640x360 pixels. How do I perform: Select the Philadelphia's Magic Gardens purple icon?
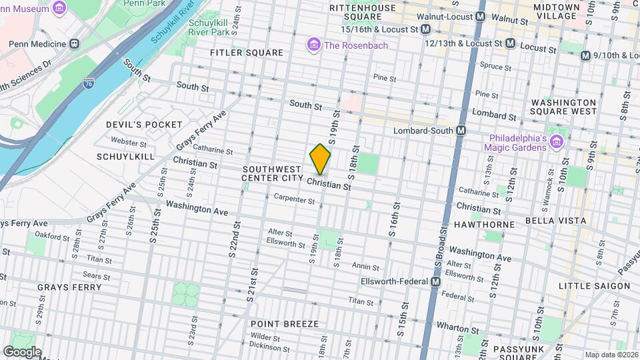point(557,141)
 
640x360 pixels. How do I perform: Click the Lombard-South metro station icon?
point(461,131)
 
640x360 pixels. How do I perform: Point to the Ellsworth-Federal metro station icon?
point(435,282)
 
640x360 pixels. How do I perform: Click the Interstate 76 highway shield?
point(89,83)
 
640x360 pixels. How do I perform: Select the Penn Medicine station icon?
point(74,44)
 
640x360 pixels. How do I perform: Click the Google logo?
point(21,351)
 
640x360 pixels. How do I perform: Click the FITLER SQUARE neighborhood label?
point(246,53)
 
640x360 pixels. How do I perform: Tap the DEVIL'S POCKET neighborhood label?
point(143,125)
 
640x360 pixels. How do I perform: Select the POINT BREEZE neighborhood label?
point(285,323)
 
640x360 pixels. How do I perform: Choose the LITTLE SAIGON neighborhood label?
point(593,286)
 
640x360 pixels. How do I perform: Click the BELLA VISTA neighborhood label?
point(555,221)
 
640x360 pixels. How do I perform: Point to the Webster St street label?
point(129,142)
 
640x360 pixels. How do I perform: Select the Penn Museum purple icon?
point(59,8)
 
